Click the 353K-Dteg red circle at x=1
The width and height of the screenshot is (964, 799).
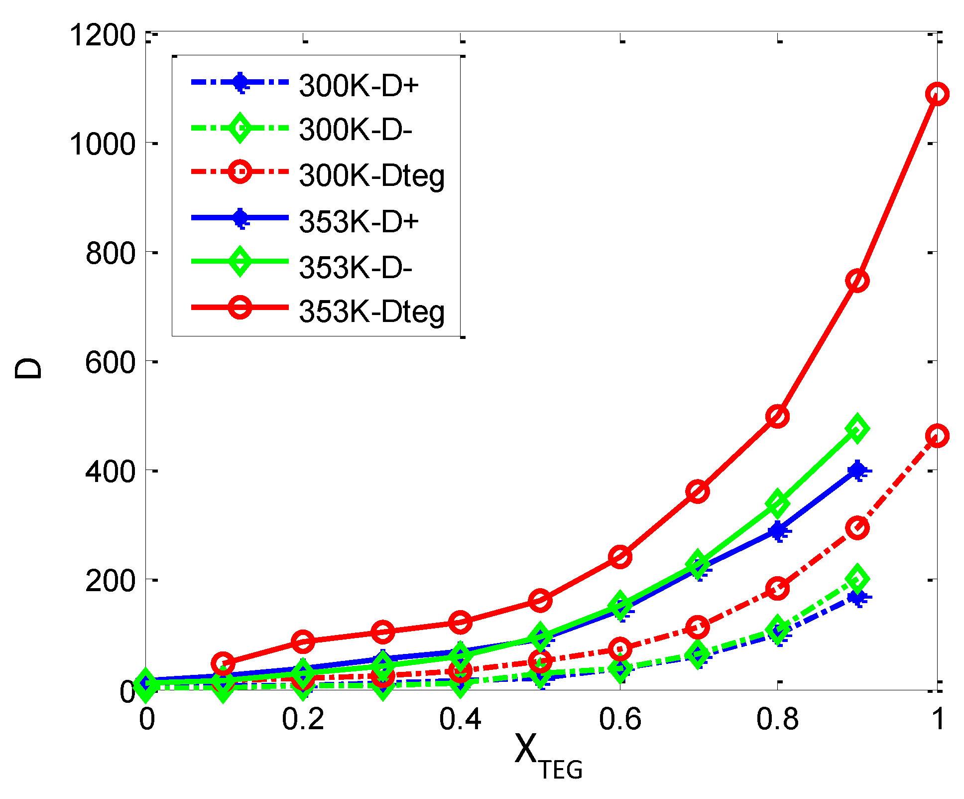937,94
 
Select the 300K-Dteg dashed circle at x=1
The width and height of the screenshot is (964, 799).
937,436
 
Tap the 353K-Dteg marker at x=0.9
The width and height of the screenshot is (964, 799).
857,281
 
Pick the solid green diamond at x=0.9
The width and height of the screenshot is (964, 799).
857,428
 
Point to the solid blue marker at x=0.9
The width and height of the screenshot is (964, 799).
857,470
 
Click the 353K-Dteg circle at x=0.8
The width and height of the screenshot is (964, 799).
777,416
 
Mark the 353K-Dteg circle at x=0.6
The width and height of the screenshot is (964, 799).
620,556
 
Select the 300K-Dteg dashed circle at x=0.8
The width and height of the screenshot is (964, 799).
777,589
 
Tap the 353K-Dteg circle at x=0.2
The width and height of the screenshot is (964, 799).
303,641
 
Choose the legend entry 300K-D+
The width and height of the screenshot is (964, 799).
359,86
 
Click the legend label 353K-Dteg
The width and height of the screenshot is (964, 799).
371,312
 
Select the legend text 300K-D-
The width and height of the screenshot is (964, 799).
356,130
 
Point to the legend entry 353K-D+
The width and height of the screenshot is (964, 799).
359,221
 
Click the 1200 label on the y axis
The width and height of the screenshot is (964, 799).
103,35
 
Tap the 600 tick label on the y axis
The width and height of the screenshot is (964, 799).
110,362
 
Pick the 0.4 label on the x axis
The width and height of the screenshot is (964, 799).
460,720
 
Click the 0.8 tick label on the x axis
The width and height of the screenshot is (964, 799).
777,720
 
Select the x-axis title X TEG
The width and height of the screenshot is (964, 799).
548,755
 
